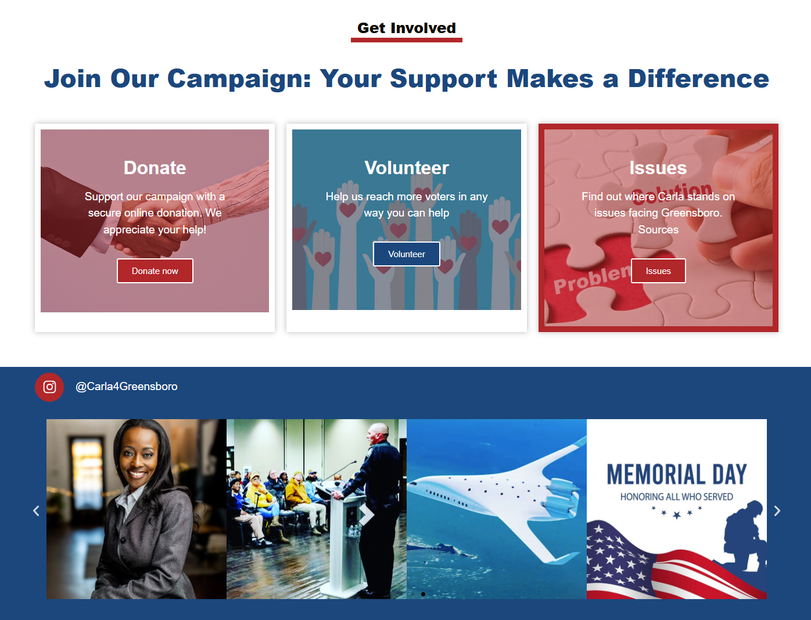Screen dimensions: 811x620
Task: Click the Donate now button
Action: pos(155,271)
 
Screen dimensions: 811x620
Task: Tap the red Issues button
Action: pos(658,271)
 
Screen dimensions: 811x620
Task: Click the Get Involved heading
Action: pos(407,28)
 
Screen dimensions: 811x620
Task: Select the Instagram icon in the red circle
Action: pos(49,387)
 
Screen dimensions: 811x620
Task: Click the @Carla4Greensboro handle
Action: pos(127,387)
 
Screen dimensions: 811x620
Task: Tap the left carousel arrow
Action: pos(36,511)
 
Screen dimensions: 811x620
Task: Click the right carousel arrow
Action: pos(777,511)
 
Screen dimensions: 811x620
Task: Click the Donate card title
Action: pos(155,168)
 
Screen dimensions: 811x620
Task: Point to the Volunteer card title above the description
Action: pos(407,168)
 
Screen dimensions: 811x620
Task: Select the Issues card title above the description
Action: pos(658,168)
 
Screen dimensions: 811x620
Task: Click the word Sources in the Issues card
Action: pos(658,229)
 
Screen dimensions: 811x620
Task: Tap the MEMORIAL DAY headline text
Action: pos(676,474)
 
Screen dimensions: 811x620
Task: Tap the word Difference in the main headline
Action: pos(698,78)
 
